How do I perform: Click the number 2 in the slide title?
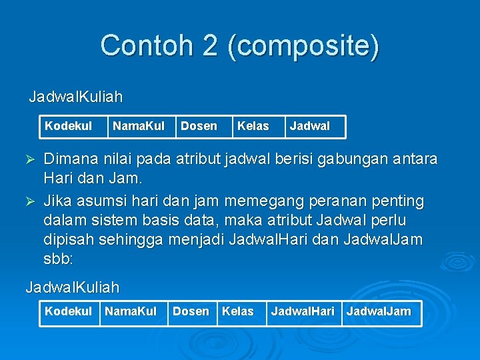pos(210,46)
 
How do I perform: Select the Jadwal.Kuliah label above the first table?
pos(75,97)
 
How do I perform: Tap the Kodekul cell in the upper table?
pos(68,126)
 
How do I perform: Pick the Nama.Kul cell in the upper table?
pos(139,126)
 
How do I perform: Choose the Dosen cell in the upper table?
pos(199,126)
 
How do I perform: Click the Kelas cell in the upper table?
pos(253,126)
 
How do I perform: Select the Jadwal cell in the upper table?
pos(309,126)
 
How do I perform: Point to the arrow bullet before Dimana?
pos(29,160)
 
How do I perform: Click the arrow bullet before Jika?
pos(29,200)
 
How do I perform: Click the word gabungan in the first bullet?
pos(351,159)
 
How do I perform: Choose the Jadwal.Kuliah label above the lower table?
pos(72,288)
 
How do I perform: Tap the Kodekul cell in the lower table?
pos(68,311)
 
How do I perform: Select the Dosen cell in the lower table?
pos(191,311)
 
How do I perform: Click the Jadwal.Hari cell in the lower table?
pos(303,311)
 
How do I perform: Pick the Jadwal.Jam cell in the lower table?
pos(379,311)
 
